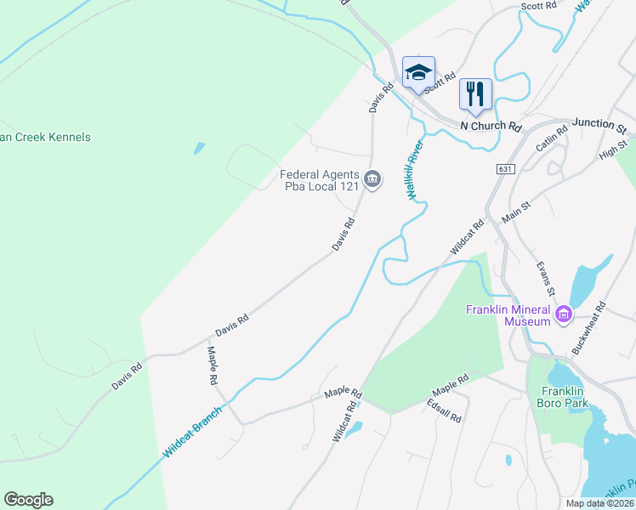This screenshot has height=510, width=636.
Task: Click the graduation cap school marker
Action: (418, 72)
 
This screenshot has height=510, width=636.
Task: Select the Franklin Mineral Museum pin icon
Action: (563, 317)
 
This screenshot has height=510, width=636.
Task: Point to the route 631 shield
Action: (506, 170)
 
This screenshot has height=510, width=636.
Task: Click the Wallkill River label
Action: (415, 170)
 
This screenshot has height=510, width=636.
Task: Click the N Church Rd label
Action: (491, 126)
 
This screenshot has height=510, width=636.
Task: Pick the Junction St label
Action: (599, 125)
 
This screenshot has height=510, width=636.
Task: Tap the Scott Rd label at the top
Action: (539, 6)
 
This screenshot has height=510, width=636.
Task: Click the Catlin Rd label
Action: (551, 140)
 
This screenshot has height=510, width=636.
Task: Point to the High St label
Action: (612, 150)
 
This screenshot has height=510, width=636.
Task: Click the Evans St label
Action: (545, 279)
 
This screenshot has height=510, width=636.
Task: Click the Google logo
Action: (28, 500)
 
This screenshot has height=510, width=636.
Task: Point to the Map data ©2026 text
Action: (599, 503)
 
